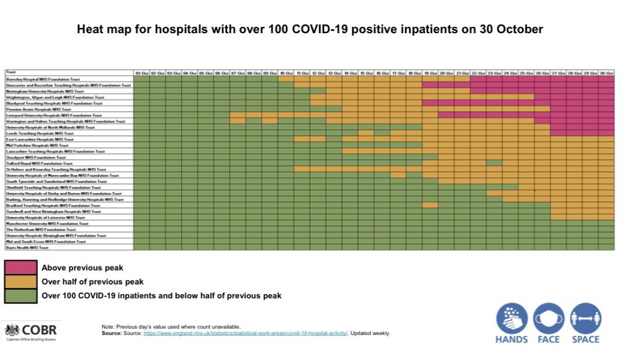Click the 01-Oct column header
(142, 73)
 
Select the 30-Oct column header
(606, 73)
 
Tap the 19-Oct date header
(430, 73)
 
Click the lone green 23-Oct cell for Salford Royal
(494, 163)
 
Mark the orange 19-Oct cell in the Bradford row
(430, 205)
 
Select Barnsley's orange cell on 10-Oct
(285, 79)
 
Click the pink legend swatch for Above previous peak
(21, 268)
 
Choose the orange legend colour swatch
(21, 281)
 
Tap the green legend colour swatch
(21, 295)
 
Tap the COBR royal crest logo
(12, 329)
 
